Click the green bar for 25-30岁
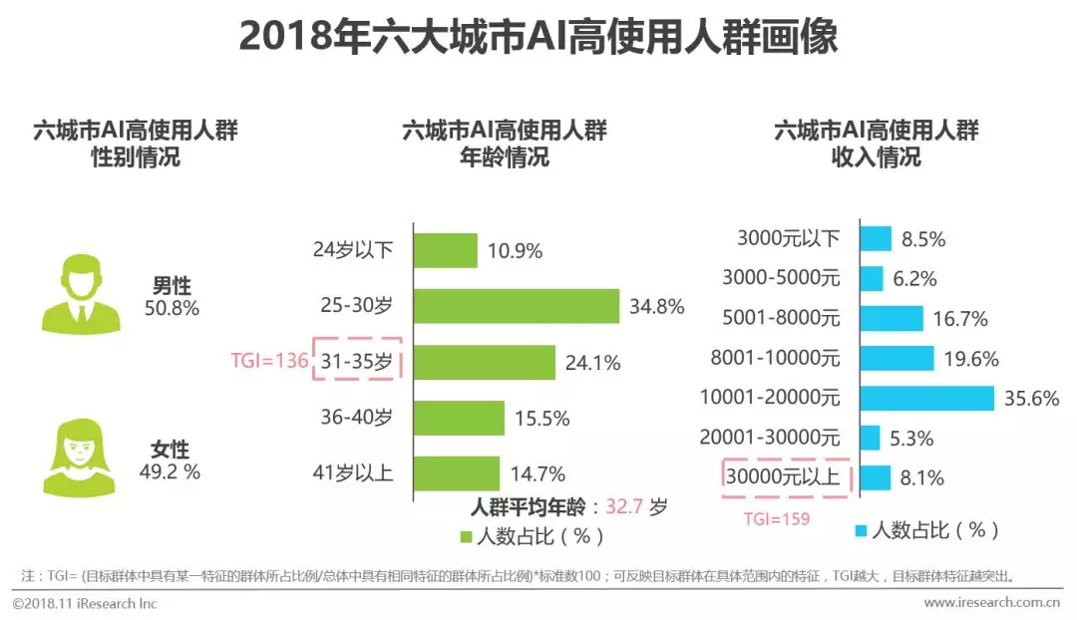pos(517,306)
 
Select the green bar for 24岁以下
pos(446,250)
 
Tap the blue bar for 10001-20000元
pos(927,399)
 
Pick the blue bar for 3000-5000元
pos(872,279)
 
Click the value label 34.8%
pos(656,307)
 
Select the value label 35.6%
pos(1030,399)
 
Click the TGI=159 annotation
pos(776,518)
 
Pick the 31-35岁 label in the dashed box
pos(357,362)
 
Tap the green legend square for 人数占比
pos(465,537)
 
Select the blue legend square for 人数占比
pos(859,530)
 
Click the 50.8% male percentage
pos(172,309)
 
